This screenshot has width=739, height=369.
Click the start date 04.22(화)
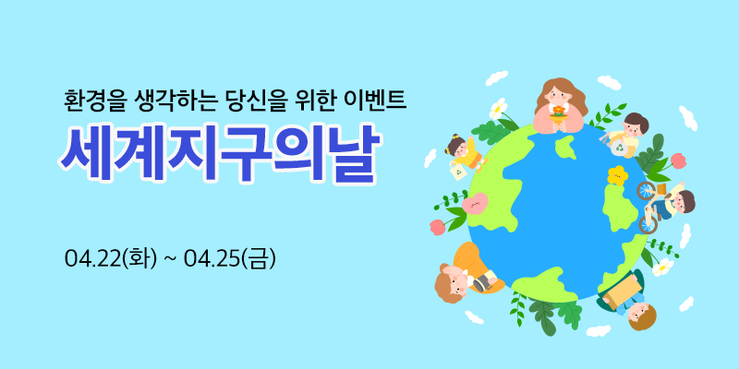[111, 258]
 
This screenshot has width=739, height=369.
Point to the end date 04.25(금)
[229, 258]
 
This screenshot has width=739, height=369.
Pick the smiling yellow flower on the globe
[617, 175]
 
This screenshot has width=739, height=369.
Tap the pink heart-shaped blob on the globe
[475, 204]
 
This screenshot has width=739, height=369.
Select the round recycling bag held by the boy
[619, 148]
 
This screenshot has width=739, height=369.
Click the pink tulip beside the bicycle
[677, 161]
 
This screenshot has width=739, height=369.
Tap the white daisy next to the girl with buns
[496, 109]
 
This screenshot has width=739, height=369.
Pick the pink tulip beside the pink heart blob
[437, 227]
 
